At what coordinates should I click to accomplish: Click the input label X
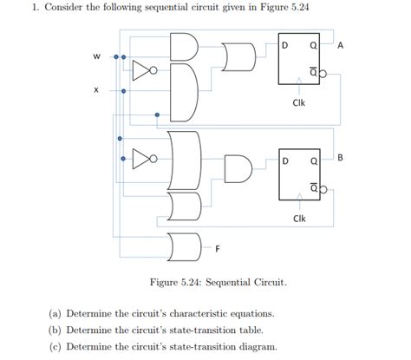click(x=96, y=89)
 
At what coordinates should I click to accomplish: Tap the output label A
click(x=340, y=45)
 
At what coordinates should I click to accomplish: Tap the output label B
click(x=340, y=157)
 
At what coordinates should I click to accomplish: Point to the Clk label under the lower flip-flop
click(x=298, y=218)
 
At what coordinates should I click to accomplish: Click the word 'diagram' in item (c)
click(x=253, y=346)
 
